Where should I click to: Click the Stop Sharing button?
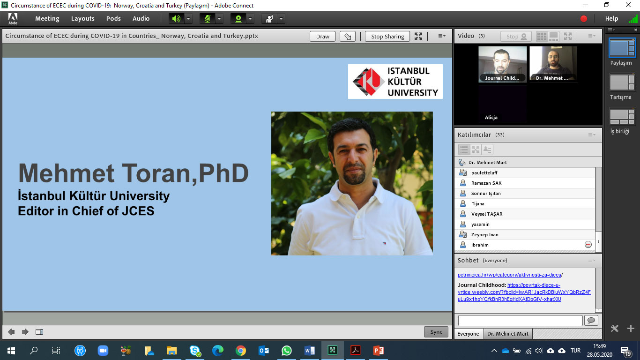click(387, 36)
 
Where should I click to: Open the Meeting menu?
click(47, 19)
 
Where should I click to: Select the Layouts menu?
click(82, 19)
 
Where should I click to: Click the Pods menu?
click(113, 19)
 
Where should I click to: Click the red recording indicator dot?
click(584, 19)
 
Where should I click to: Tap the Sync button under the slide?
click(436, 332)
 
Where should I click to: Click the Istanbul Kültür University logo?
click(395, 82)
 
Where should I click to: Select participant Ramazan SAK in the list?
click(486, 183)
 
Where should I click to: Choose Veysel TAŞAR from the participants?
click(487, 214)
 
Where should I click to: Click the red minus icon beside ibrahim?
click(588, 245)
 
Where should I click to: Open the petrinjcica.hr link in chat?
click(509, 275)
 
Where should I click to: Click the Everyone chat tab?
click(468, 334)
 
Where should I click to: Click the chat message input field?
click(520, 321)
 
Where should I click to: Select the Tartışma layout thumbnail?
click(622, 83)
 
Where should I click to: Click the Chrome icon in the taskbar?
click(240, 351)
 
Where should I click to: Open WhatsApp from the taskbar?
click(286, 351)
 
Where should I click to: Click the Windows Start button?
click(11, 351)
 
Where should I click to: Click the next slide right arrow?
click(25, 332)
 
